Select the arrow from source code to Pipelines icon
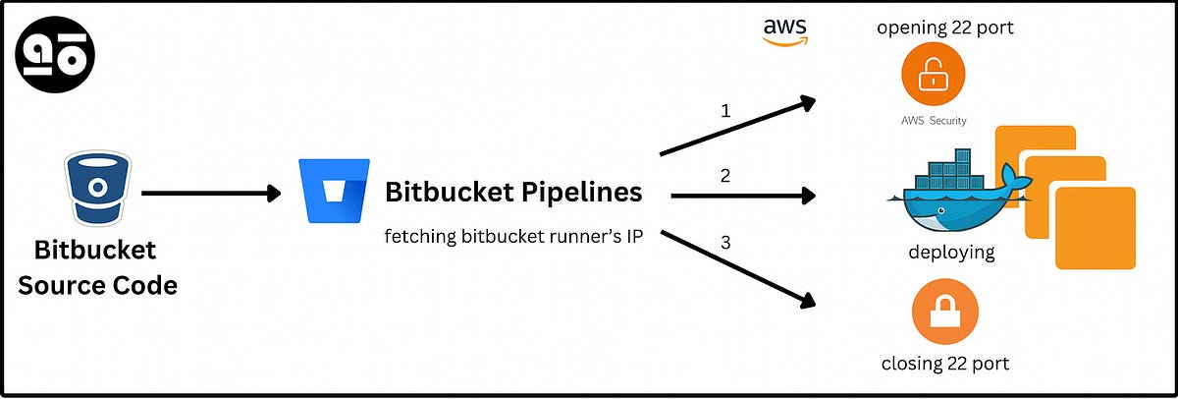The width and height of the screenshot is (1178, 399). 211,194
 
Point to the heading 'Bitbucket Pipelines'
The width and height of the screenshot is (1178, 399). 513,192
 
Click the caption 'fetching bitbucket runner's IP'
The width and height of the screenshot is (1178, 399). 513,237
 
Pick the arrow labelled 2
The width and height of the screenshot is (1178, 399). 743,196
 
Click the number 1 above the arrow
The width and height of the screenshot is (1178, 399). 725,110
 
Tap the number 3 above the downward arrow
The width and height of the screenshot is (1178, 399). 725,242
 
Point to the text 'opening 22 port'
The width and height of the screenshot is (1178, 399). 944,27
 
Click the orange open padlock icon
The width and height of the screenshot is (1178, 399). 933,77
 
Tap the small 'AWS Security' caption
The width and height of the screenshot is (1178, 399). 933,121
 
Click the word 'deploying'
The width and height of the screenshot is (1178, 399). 950,253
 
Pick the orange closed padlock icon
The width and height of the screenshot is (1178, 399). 944,312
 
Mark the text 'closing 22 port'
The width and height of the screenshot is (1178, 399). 944,364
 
